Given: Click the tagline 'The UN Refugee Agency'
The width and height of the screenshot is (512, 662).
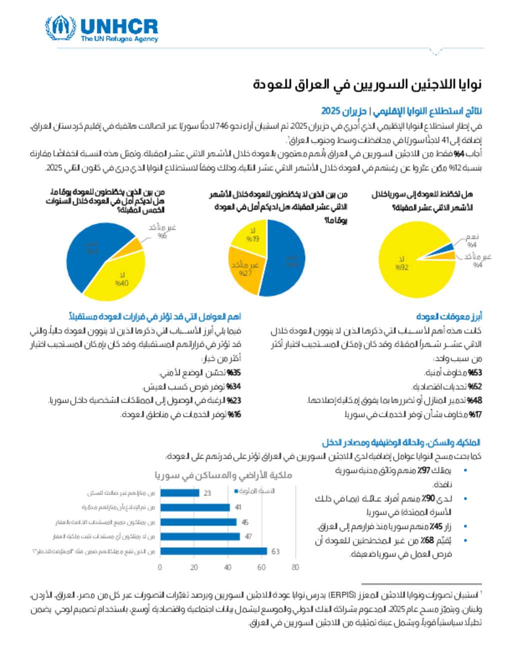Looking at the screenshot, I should pyautogui.click(x=119, y=38).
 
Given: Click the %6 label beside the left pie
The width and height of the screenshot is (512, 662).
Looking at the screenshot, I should pyautogui.click(x=162, y=236).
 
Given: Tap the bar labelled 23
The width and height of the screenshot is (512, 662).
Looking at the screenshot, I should pyautogui.click(x=179, y=493).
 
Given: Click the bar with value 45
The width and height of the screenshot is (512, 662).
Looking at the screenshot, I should pyautogui.click(x=198, y=522).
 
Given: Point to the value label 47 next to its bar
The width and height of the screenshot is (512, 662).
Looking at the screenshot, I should pyautogui.click(x=248, y=537).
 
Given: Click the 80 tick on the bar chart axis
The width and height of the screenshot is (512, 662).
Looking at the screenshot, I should pyautogui.click(x=295, y=567).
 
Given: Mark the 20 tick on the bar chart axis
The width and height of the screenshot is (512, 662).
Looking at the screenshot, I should pyautogui.click(x=194, y=567).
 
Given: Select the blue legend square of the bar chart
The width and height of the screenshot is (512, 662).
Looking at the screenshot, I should pyautogui.click(x=236, y=491).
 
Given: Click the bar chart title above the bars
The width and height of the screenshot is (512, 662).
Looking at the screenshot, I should pyautogui.click(x=223, y=475).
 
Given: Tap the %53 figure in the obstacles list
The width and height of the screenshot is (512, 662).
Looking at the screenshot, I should pyautogui.click(x=475, y=372).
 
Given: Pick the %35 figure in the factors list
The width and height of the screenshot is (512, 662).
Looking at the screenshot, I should pyautogui.click(x=234, y=372).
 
